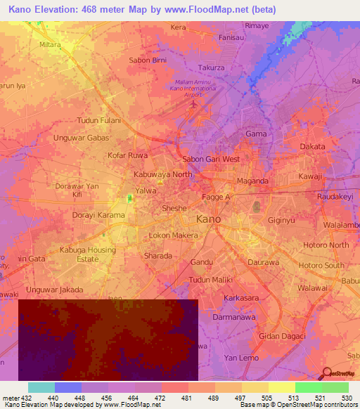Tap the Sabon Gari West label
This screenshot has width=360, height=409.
coord(211,160)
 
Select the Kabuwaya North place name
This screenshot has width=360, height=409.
coord(162,174)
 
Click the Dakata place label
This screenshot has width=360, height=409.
coord(313,146)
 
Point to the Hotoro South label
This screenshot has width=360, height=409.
coord(321,266)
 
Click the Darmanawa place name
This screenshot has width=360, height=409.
coord(230,316)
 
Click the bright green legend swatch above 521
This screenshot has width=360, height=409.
coord(308,387)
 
